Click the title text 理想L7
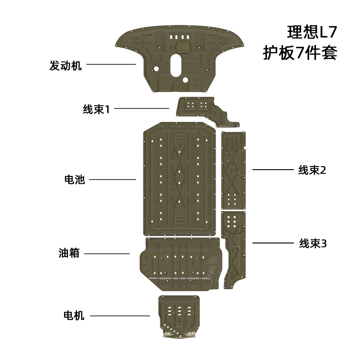(x=311, y=32)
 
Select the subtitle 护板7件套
(x=300, y=53)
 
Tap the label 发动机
(x=65, y=66)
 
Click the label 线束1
(x=96, y=109)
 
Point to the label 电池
(x=75, y=180)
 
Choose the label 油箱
(x=69, y=253)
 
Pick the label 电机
(x=74, y=316)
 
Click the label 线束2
(x=312, y=170)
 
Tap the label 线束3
(x=313, y=243)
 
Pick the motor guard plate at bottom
(x=179, y=315)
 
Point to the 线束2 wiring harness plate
(x=233, y=171)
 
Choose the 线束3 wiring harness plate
(x=234, y=247)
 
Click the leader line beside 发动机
(x=111, y=64)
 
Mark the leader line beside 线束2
(x=273, y=170)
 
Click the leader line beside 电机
(x=120, y=316)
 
